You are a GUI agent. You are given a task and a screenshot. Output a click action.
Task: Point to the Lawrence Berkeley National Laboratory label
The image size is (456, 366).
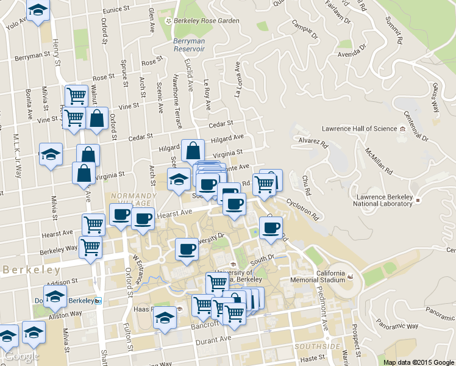(385, 201)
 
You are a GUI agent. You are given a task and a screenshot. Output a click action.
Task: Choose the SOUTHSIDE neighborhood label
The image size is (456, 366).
(316, 346)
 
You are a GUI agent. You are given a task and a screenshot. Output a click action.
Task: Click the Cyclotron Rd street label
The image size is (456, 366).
(302, 207)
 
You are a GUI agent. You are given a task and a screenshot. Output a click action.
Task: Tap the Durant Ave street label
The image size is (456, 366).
(217, 339)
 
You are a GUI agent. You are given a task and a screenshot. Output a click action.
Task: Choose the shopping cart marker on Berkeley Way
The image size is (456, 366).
(90, 247)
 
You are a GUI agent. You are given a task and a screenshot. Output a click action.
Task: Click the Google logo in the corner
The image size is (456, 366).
(21, 356)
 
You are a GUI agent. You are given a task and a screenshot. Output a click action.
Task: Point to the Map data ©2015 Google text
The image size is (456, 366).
(419, 362)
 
